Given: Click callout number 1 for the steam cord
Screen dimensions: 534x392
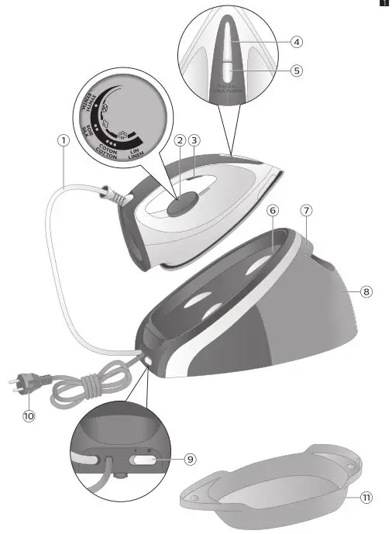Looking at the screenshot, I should pyautogui.click(x=63, y=141).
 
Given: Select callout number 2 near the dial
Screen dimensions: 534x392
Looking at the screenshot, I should pyautogui.click(x=180, y=141).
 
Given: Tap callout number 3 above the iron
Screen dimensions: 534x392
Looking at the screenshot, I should pyautogui.click(x=194, y=141).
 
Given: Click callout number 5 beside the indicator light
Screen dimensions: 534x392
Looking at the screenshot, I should pyautogui.click(x=297, y=70).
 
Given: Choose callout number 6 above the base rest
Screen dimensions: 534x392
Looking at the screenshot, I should pyautogui.click(x=272, y=211).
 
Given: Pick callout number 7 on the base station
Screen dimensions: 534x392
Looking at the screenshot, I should pyautogui.click(x=307, y=211).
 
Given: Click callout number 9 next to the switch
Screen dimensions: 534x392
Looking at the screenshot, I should pyautogui.click(x=190, y=459).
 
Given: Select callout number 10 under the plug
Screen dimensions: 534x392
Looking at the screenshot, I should pyautogui.click(x=29, y=415).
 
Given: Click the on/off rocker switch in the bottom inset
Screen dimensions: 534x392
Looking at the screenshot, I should pyautogui.click(x=144, y=459).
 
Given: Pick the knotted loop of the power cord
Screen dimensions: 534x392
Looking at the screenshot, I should pyautogui.click(x=77, y=385).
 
